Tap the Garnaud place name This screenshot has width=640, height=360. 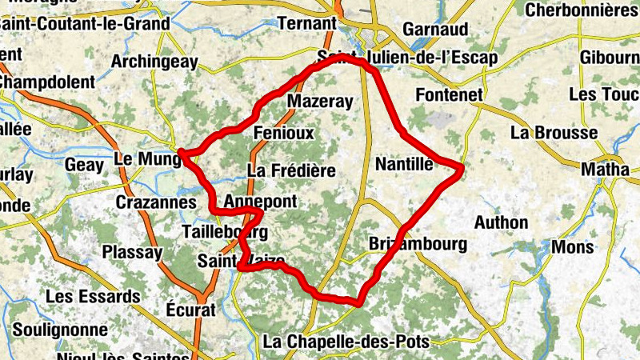coord(435,29)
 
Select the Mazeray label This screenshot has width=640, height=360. coord(319,102)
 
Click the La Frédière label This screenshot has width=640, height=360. coord(291,170)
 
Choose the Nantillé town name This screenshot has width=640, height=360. coord(404,164)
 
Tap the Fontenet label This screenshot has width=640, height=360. coord(450,95)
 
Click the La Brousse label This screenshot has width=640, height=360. coord(554,132)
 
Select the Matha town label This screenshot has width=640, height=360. coord(605,170)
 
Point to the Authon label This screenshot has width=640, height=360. coord(501,222)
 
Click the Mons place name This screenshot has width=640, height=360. coord(573,246)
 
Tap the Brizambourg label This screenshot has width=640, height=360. coord(418,244)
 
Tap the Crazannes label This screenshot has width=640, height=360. coord(156,202)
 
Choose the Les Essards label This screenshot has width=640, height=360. coord(93,296)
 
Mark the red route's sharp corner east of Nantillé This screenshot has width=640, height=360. coord(462,167)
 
